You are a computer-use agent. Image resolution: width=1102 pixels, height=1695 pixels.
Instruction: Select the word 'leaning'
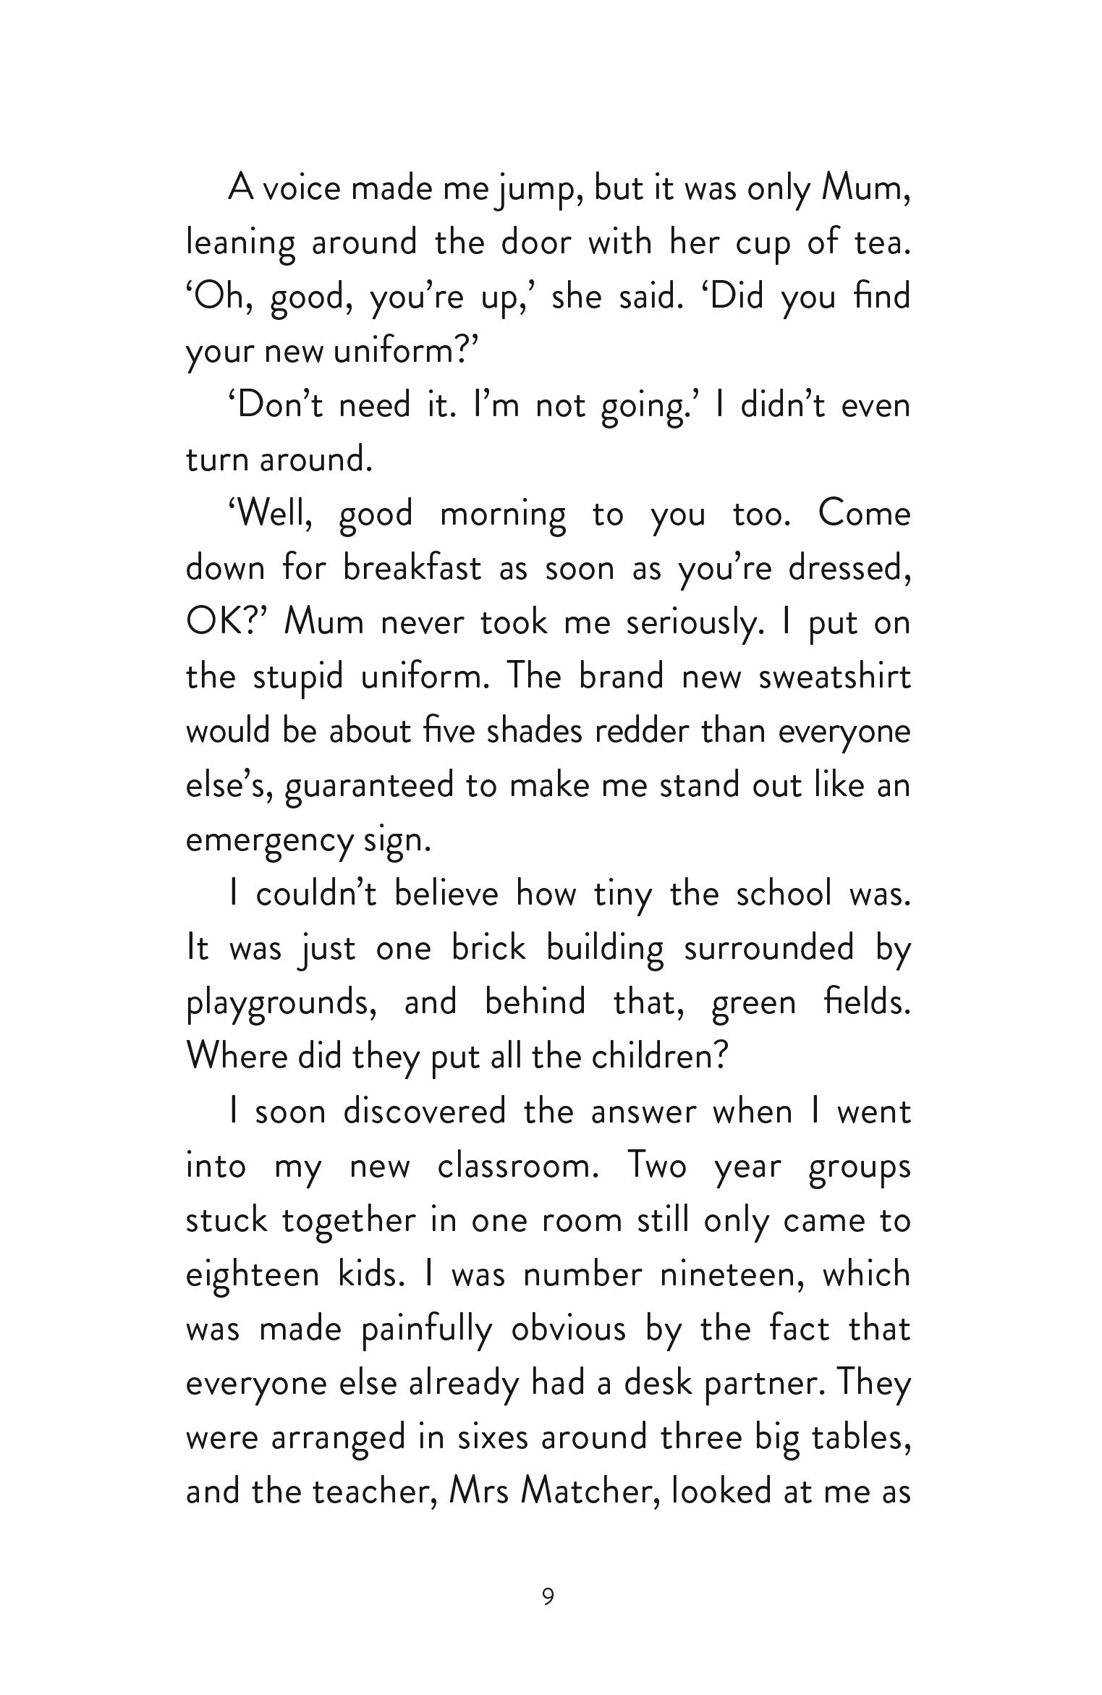pyautogui.click(x=240, y=244)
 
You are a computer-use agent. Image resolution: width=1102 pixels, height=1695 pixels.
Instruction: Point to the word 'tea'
pyautogui.click(x=880, y=243)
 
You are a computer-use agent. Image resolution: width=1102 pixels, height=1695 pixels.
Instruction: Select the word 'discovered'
pyautogui.click(x=425, y=1112)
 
